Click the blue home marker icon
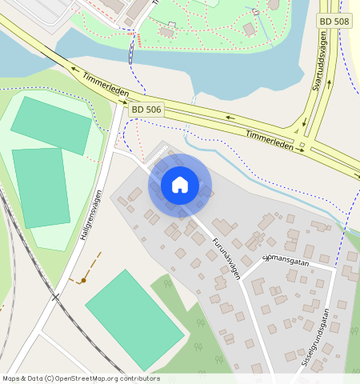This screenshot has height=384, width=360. tap(180, 185)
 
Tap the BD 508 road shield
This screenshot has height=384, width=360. tap(334, 22)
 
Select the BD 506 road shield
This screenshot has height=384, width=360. tap(147, 109)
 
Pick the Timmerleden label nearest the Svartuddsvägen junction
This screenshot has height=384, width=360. tap(270, 136)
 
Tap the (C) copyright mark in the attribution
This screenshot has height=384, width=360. tap(49, 378)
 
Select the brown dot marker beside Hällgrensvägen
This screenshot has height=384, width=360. tap(82, 281)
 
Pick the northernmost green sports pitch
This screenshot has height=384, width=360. tap(51, 125)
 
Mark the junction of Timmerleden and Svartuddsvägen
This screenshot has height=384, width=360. tap(302, 146)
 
